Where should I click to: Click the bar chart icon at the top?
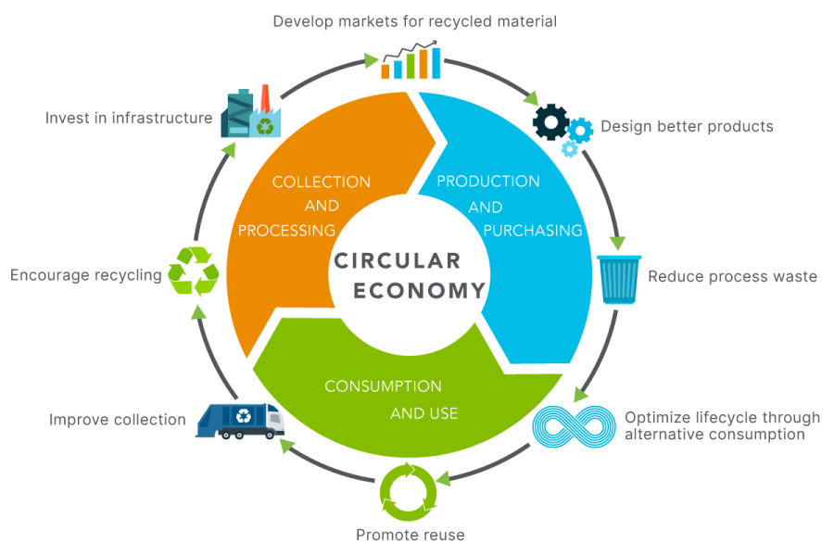click(x=411, y=60)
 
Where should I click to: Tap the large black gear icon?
click(x=551, y=121)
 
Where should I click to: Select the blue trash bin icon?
click(x=619, y=279)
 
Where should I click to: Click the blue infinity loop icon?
click(x=574, y=426)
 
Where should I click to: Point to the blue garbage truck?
click(x=240, y=421)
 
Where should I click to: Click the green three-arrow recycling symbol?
click(x=193, y=272)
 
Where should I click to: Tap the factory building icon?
click(x=250, y=112)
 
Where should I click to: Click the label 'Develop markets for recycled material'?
click(x=414, y=21)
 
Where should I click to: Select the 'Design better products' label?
click(x=687, y=127)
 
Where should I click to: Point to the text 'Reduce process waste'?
click(x=732, y=277)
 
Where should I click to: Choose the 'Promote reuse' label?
click(x=411, y=535)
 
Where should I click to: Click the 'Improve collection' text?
click(x=117, y=420)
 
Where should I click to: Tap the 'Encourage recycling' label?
click(x=85, y=275)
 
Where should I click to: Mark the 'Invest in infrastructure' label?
click(x=129, y=118)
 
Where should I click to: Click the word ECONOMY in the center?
click(x=419, y=291)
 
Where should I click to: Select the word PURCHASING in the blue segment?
click(x=533, y=231)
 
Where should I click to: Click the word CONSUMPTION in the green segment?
click(x=383, y=386)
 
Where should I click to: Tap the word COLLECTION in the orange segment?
click(x=322, y=182)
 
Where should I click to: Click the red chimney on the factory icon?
click(x=265, y=97)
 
